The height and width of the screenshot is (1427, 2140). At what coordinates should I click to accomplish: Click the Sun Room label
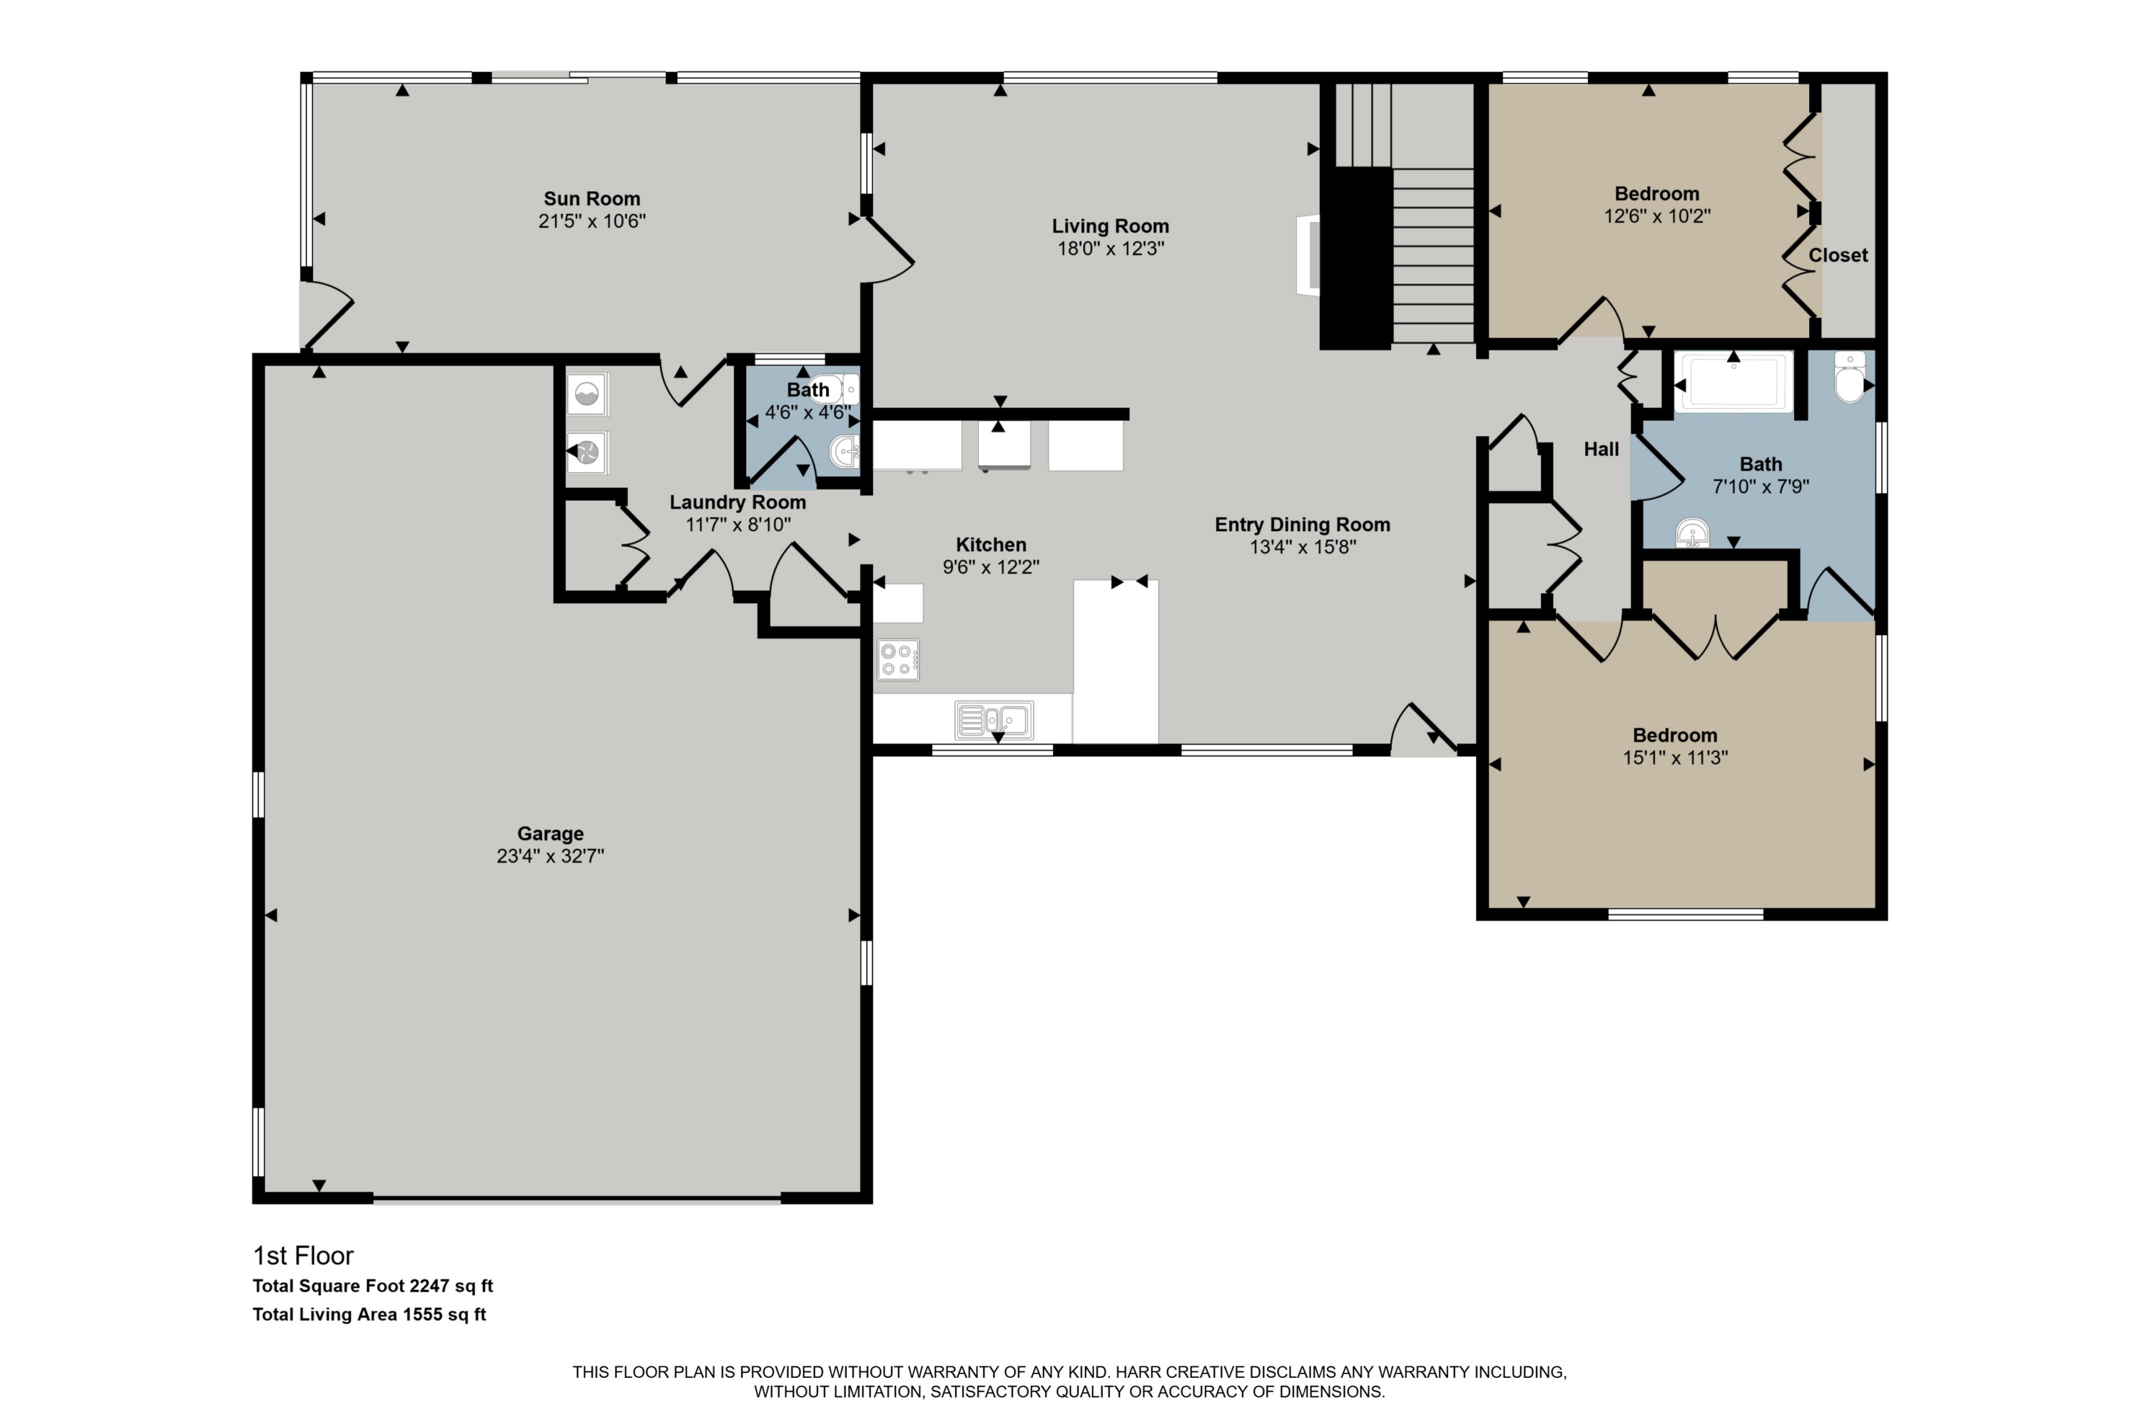591,198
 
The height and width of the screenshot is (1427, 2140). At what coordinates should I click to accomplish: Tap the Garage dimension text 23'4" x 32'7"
551,855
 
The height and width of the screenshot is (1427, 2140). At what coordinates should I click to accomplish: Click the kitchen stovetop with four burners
898,660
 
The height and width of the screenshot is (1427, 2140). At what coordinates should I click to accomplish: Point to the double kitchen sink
994,720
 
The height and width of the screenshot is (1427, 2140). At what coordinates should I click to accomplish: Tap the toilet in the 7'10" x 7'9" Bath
1850,377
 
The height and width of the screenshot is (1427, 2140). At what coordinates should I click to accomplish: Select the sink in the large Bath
1692,533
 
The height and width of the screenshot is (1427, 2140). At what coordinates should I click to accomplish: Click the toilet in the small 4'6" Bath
832,389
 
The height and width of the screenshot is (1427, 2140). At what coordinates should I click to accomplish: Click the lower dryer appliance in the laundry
587,452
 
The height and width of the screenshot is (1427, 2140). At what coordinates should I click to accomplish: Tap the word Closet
1838,255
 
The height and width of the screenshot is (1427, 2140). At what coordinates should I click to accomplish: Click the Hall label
1601,449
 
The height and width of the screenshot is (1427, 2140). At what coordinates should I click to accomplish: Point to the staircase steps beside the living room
1432,255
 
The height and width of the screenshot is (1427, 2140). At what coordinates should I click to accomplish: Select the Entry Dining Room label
1302,524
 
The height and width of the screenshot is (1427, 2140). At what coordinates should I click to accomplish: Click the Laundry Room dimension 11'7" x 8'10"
738,524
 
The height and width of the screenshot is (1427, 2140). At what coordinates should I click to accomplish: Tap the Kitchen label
991,544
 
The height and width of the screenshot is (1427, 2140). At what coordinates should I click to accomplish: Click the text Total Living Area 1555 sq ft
370,1314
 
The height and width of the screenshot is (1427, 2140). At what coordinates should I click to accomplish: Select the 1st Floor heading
303,1256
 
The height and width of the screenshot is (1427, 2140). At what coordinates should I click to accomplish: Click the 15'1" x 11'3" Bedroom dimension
1675,757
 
